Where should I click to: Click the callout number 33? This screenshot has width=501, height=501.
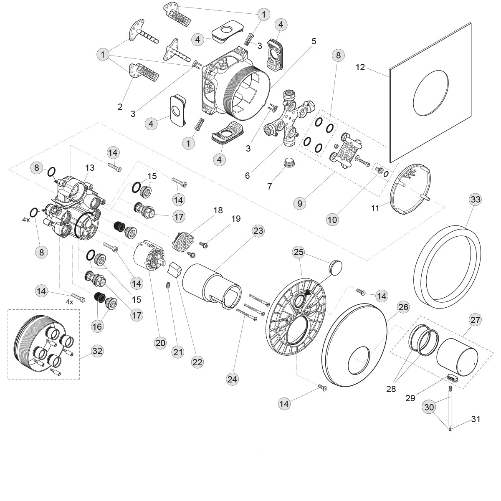tap(475, 199)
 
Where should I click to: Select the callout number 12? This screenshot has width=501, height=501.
tap(360, 67)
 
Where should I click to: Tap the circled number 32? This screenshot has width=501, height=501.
tap(97, 351)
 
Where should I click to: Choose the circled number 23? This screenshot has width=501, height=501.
tap(258, 230)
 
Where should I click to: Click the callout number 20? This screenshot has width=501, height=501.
tap(160, 343)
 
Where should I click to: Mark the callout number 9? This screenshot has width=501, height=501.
tap(300, 204)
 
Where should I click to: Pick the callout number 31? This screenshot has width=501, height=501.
tap(476, 419)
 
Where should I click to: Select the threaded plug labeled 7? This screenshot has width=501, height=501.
tap(288, 162)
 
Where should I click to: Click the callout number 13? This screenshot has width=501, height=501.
tap(90, 167)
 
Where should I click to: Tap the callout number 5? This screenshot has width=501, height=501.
tap(314, 41)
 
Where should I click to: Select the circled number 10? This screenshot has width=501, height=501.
tap(333, 219)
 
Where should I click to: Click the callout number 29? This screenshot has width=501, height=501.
tap(410, 398)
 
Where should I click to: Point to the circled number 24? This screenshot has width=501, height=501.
tap(232, 379)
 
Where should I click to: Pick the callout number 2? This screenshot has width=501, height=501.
tap(120, 107)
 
